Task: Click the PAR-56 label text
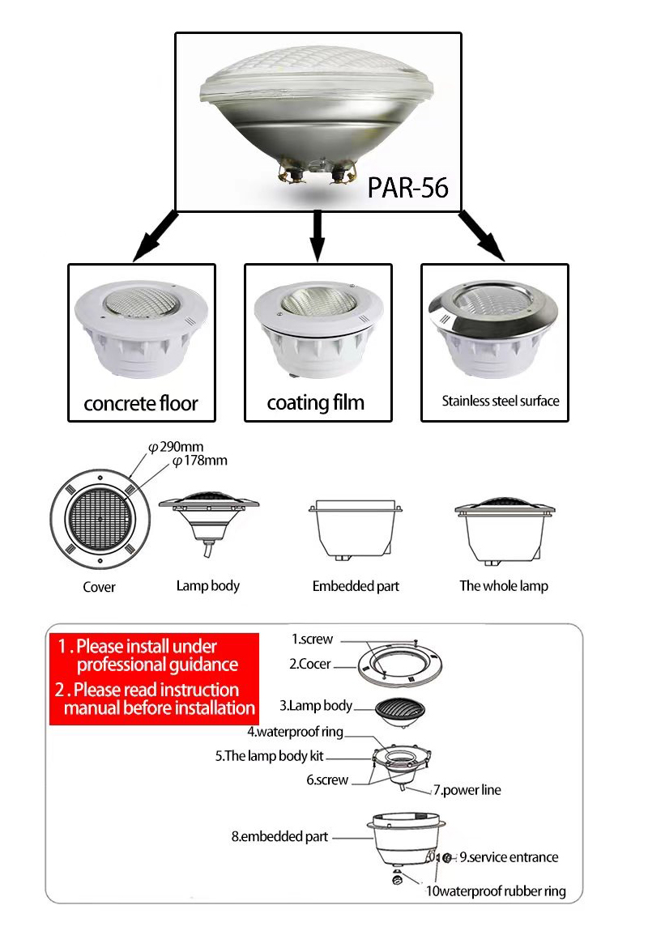click(407, 186)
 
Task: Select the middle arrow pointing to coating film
click(318, 236)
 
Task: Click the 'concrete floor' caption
click(141, 403)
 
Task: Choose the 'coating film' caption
click(316, 402)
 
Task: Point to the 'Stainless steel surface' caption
click(500, 401)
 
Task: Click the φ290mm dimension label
click(180, 447)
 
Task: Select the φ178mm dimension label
click(199, 461)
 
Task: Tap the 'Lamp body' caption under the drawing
click(208, 585)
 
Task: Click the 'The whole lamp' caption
click(503, 585)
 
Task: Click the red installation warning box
click(154, 678)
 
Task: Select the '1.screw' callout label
click(312, 639)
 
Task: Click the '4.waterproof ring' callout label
click(295, 732)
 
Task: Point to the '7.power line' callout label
click(467, 789)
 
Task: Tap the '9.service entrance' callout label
click(509, 856)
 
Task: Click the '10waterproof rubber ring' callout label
click(495, 891)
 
